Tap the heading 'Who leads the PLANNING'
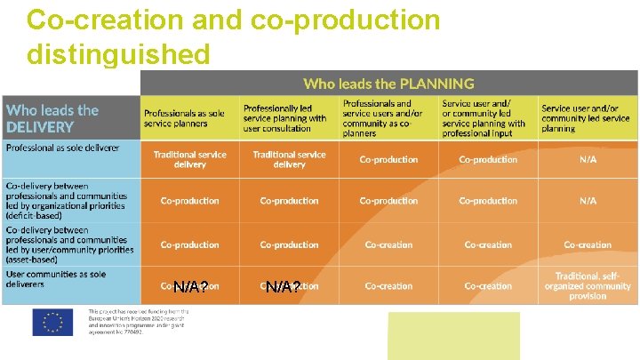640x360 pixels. point(388,84)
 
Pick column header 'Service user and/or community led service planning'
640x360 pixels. point(586,118)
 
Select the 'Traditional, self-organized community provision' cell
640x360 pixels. point(588,286)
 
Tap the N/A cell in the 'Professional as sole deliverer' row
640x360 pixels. point(588,160)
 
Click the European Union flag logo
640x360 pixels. point(52,323)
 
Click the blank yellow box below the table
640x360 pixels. point(453,335)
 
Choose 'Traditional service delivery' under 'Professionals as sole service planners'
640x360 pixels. point(189,160)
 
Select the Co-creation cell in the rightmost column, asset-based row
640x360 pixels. point(588,244)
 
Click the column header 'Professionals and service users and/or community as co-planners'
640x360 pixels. point(388,118)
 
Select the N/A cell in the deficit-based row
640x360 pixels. point(588,201)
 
